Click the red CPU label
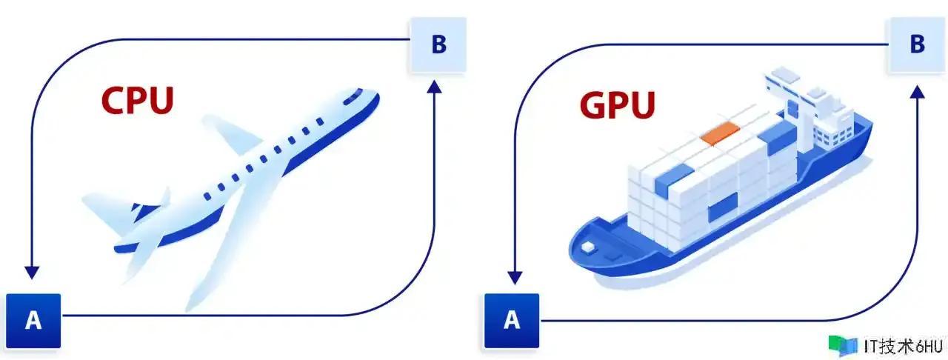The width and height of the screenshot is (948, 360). point(138,101)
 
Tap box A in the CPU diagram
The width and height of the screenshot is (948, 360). point(34,320)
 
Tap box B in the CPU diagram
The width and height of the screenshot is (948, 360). point(438,44)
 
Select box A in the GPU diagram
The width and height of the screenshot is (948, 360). point(512,320)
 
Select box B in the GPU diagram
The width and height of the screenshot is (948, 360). point(916,44)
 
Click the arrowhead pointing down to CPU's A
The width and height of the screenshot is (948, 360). point(30,270)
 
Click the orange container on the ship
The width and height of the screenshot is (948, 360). point(720,133)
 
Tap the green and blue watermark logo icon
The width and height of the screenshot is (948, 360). point(842,345)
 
